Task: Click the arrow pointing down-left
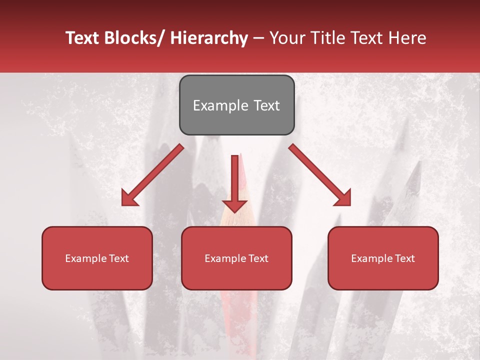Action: point(152,175)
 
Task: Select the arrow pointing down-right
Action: point(320,175)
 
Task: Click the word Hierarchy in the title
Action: point(209,38)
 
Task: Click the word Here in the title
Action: point(408,38)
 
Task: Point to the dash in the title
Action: point(258,38)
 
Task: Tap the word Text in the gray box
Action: point(266,106)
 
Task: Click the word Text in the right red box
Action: point(405,258)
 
